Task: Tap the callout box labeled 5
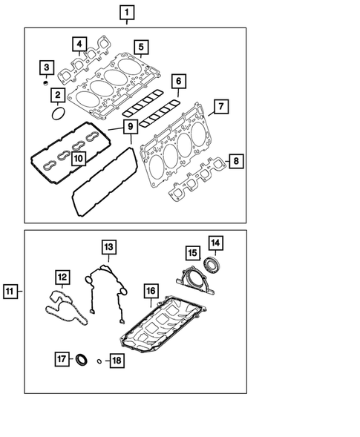pos(140,48)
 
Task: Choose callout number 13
pos(108,246)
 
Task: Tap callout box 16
pos(150,290)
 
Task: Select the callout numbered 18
pos(116,361)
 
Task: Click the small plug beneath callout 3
pos(45,85)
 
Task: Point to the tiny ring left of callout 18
pos(99,361)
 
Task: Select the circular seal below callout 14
pos(214,265)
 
